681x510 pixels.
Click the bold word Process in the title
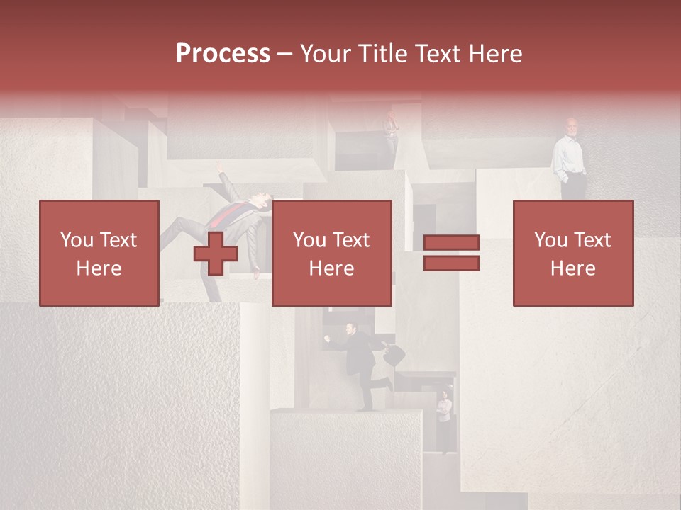pyautogui.click(x=223, y=54)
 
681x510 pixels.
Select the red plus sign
pyautogui.click(x=216, y=253)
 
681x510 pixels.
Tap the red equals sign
pyautogui.click(x=451, y=253)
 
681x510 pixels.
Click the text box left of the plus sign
pyautogui.click(x=99, y=253)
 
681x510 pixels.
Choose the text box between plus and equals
pyautogui.click(x=331, y=253)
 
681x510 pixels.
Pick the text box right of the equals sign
pyautogui.click(x=573, y=253)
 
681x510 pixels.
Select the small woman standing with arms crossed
pyautogui.click(x=444, y=418)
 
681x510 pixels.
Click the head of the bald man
pyautogui.click(x=572, y=126)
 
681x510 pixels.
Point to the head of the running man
pyautogui.click(x=350, y=328)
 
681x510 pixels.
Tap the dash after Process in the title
pyautogui.click(x=285, y=54)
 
